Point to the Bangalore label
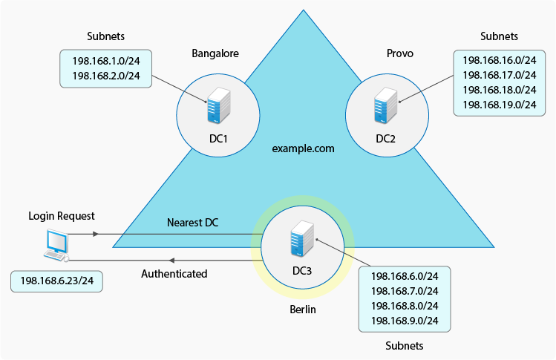215,53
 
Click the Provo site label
400,53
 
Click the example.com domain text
303,148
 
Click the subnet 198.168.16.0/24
499,60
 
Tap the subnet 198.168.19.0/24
499,105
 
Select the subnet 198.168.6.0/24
404,275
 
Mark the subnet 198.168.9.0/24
404,320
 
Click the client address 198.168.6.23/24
57,281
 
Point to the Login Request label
62,216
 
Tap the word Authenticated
174,274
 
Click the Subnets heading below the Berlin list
405,346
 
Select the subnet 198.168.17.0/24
499,75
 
